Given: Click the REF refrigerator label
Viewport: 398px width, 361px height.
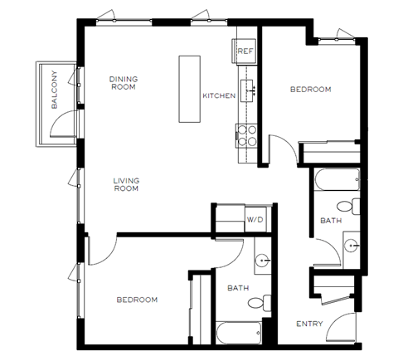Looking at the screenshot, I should point(245,51).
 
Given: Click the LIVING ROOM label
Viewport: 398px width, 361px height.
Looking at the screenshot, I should point(126,184).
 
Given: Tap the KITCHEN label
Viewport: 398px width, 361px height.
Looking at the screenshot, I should point(219,96).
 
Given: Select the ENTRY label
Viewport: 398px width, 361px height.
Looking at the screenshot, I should point(309,324).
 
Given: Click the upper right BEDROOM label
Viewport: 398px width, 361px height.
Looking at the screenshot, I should point(311,89).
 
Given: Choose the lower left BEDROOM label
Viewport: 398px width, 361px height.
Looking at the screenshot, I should point(137,300).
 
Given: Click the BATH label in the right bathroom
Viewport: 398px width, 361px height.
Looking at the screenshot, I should point(329,221).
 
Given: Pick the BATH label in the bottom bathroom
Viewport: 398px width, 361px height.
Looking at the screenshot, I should point(238,288).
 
